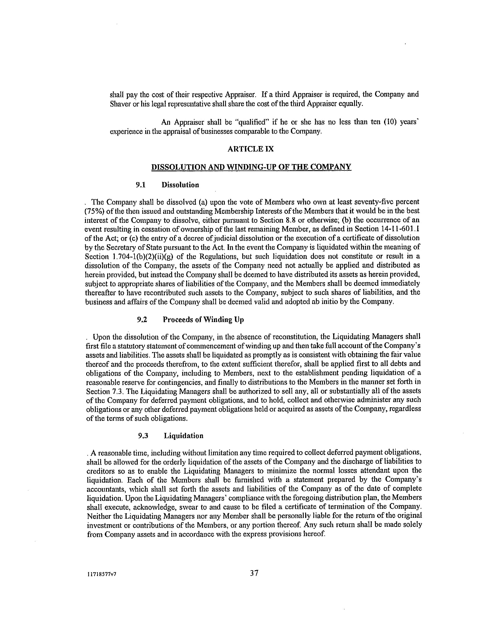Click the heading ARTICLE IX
[x=251, y=149]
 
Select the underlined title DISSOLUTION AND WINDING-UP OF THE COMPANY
[x=251, y=167]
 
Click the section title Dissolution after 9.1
[x=180, y=185]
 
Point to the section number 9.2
[x=142, y=320]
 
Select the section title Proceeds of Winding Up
[x=203, y=320]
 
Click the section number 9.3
[x=143, y=436]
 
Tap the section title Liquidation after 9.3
[x=183, y=436]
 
